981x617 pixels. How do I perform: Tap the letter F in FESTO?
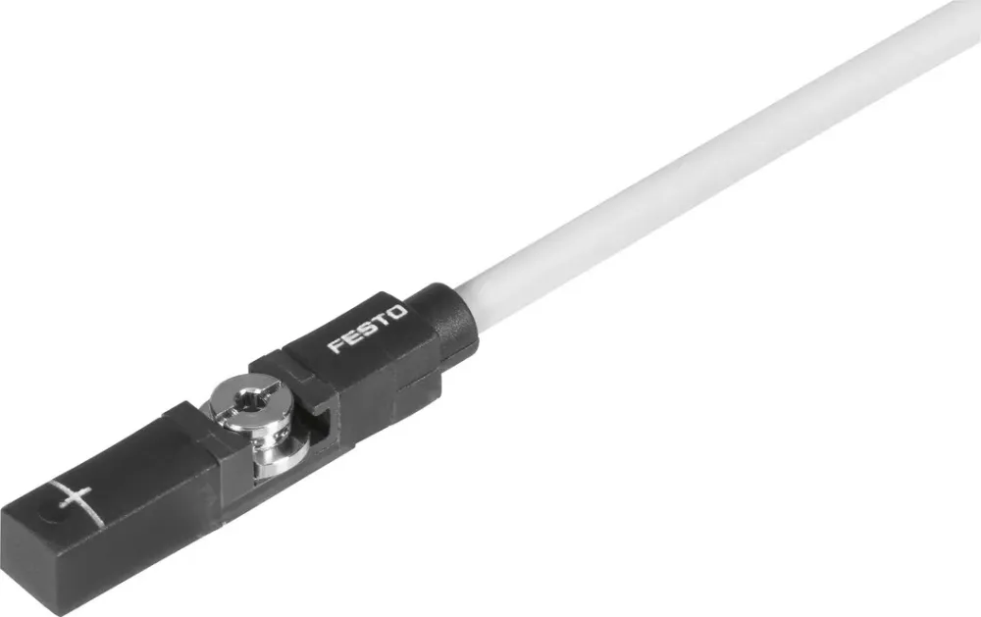336,346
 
